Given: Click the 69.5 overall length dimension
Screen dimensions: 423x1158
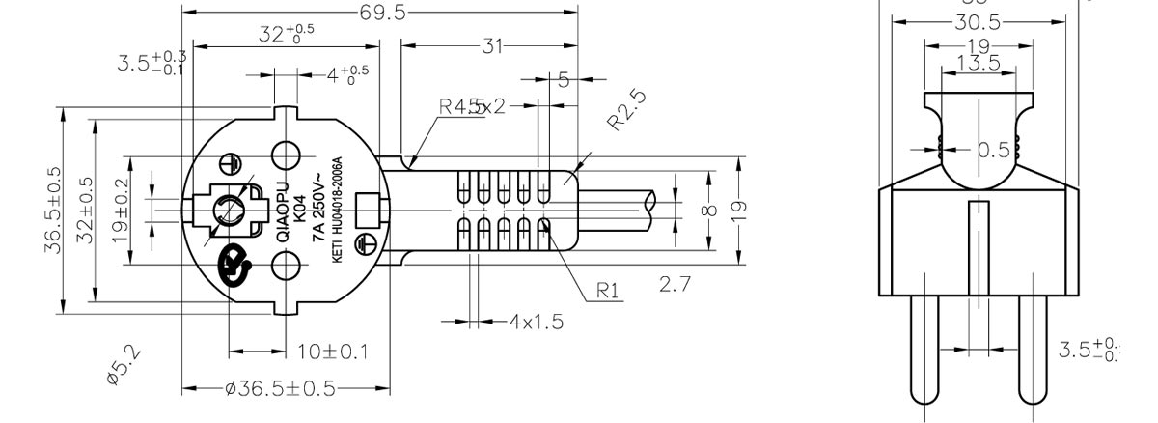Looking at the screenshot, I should click(383, 13).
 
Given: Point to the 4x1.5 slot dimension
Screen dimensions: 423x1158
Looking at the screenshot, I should click(537, 321).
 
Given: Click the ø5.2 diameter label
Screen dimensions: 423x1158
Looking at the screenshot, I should click(124, 368).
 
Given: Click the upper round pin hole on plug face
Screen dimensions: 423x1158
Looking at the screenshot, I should click(287, 154).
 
